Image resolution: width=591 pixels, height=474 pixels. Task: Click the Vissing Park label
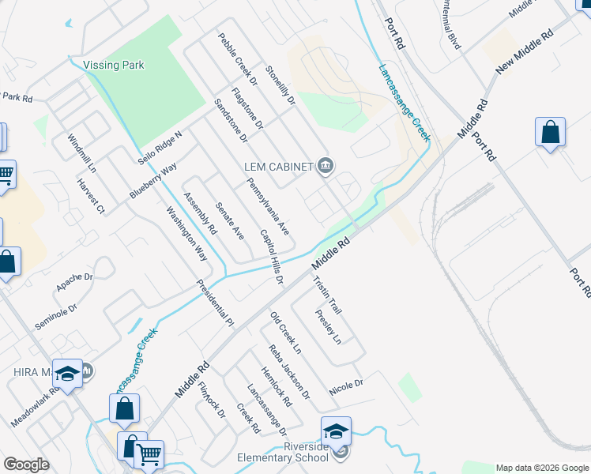[x=114, y=65]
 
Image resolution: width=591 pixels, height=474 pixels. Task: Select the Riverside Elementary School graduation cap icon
[x=336, y=431]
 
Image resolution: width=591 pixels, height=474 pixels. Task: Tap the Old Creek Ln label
[x=286, y=332]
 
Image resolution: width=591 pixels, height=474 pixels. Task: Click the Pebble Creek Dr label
[x=239, y=58]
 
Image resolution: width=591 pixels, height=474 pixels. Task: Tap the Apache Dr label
[x=74, y=281]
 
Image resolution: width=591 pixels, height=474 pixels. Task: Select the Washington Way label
[x=186, y=235]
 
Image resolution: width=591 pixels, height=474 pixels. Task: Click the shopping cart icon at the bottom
[x=149, y=454]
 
